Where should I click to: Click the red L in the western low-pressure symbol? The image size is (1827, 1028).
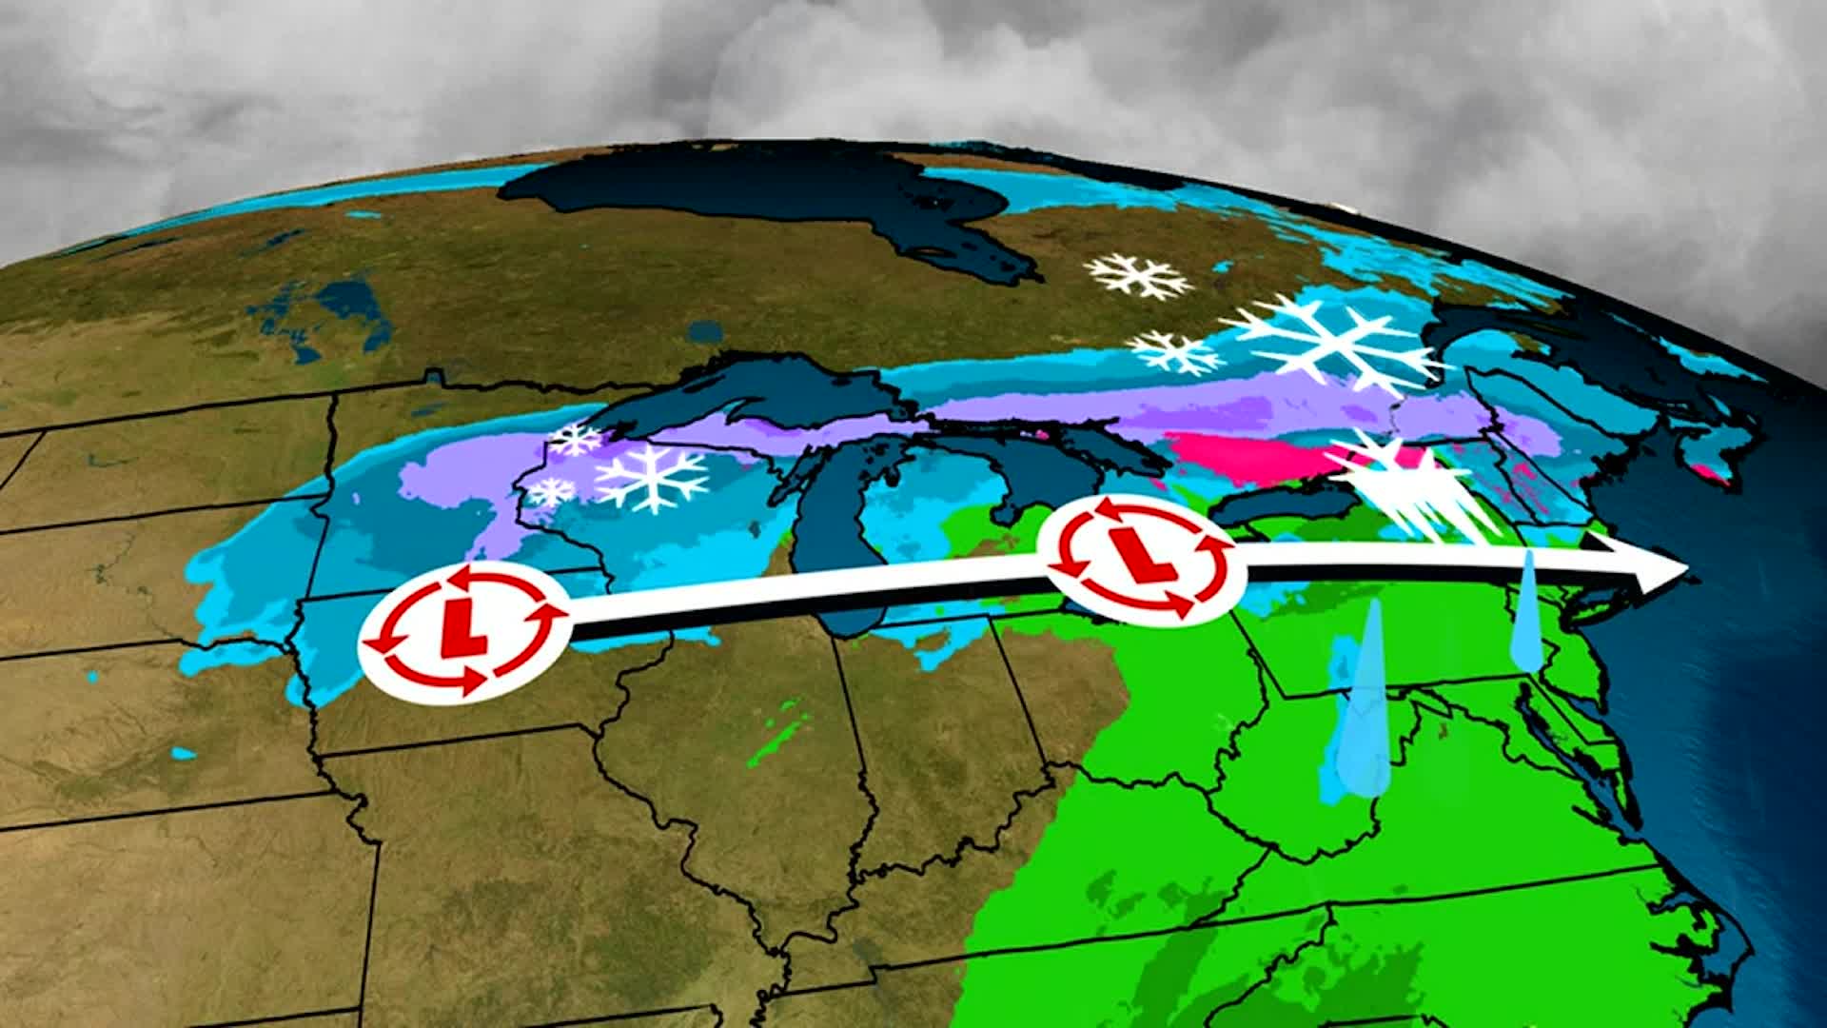click(x=464, y=629)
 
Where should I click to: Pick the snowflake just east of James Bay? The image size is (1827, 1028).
click(x=1139, y=274)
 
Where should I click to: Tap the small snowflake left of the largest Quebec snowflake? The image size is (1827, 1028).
click(x=1176, y=352)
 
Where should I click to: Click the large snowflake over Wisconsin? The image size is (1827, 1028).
click(x=653, y=477)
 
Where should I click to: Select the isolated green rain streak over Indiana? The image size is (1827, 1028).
click(x=780, y=733)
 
